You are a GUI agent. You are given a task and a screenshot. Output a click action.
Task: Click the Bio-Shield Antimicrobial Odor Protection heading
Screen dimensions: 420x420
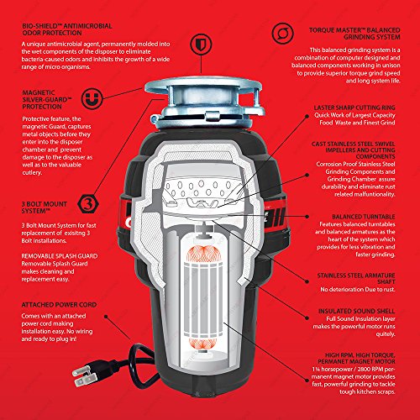point(67,29)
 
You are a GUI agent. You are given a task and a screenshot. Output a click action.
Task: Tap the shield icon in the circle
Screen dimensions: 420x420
point(201,45)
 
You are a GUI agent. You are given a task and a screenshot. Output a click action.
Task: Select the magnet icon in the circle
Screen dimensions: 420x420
point(92,98)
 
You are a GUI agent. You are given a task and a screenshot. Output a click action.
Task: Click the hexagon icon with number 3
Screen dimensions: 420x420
point(88,204)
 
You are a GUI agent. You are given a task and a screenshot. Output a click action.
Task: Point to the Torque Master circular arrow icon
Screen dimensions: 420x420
point(282,34)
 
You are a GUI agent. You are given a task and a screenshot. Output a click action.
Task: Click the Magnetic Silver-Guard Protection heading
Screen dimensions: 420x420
point(47,100)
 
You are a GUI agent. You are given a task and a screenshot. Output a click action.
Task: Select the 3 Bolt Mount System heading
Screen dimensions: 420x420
point(45,207)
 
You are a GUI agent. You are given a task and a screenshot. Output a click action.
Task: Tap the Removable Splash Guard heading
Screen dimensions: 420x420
point(60,256)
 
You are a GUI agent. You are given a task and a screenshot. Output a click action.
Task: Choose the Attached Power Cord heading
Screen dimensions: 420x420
point(59,305)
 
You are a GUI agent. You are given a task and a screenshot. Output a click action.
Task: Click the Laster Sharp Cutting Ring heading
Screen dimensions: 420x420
point(354,108)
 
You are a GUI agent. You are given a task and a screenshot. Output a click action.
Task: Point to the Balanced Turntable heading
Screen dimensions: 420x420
point(364,217)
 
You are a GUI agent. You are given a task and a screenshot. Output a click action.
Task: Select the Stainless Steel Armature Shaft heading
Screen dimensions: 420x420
point(356,278)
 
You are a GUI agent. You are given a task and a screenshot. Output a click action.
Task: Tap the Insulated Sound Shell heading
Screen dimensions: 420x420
point(357,311)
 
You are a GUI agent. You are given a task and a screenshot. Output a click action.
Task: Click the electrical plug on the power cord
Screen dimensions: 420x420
point(85,375)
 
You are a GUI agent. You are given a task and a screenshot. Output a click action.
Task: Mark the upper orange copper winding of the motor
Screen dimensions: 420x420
point(203,254)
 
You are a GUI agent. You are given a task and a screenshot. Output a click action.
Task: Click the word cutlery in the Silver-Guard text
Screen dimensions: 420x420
point(32,172)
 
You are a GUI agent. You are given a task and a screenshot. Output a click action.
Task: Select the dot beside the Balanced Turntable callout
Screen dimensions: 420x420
point(307,217)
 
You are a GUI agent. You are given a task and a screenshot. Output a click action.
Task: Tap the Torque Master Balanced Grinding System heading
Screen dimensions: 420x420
point(354,34)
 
